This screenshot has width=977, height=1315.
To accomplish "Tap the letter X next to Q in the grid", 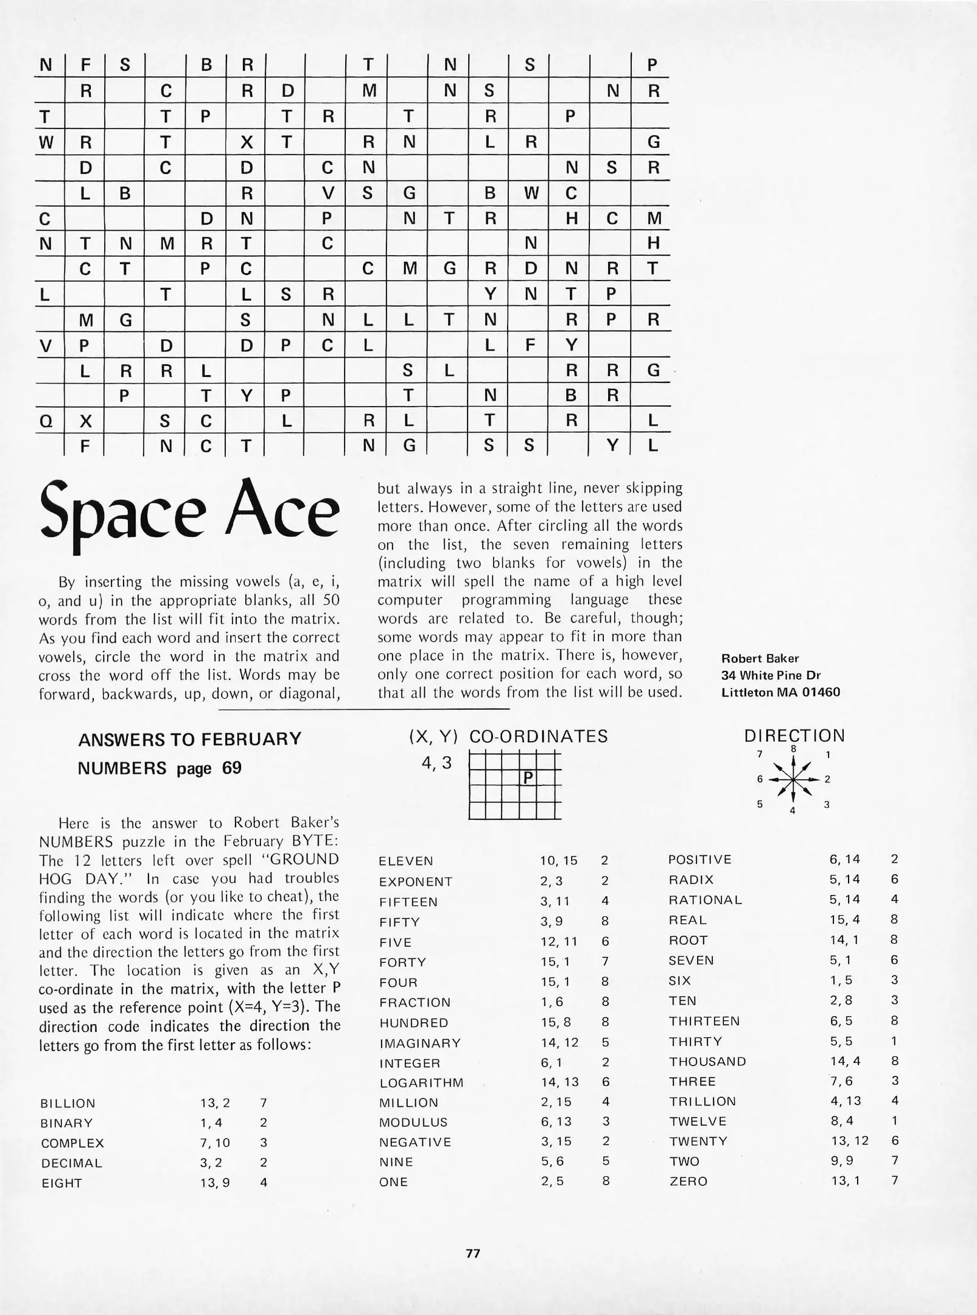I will pyautogui.click(x=86, y=421).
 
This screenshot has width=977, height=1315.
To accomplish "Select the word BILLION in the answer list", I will pyautogui.click(x=68, y=1103).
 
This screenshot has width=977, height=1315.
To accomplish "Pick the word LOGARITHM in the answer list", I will pyautogui.click(x=421, y=1083).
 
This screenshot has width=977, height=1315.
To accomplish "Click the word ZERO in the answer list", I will pyautogui.click(x=688, y=1182).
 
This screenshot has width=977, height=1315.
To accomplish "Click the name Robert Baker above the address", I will pyautogui.click(x=760, y=658).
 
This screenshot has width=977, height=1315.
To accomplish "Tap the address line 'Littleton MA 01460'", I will pyautogui.click(x=780, y=692).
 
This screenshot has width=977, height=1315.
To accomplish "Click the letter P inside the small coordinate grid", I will pyautogui.click(x=528, y=778).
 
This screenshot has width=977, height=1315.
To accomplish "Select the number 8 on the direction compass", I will pyautogui.click(x=793, y=749).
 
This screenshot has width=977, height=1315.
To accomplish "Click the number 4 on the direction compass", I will pyautogui.click(x=793, y=811).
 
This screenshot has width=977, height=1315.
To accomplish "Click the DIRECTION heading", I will pyautogui.click(x=794, y=735).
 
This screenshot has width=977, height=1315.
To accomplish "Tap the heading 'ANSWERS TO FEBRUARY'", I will pyautogui.click(x=189, y=739).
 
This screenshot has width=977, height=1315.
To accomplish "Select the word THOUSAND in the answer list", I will pyautogui.click(x=707, y=1062).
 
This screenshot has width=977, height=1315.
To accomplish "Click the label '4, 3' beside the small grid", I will pyautogui.click(x=436, y=763).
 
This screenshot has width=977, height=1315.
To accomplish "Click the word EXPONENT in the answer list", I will pyautogui.click(x=416, y=882).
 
